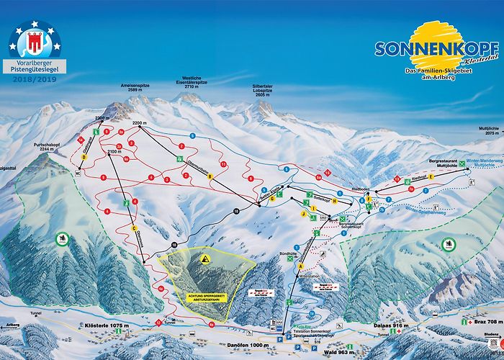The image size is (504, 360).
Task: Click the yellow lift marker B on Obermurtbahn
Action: (x=211, y=176)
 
